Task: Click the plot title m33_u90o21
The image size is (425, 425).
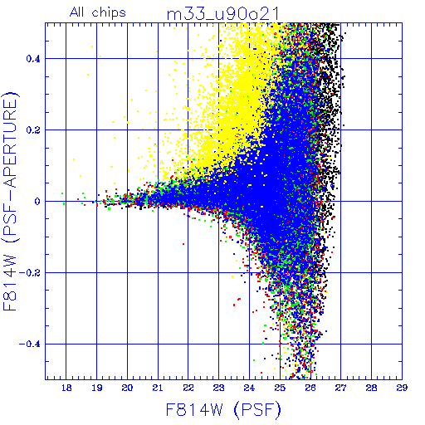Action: [222, 14]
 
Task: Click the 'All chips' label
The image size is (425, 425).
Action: [97, 12]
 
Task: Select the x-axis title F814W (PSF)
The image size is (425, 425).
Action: [223, 410]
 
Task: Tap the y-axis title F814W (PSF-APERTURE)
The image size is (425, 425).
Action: [10, 201]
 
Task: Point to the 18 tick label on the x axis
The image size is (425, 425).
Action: [66, 388]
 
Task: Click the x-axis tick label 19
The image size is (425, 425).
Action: [96, 388]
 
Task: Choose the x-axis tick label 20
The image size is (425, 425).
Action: [127, 388]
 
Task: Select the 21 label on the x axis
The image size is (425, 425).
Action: [158, 388]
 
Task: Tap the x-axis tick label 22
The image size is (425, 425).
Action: [188, 388]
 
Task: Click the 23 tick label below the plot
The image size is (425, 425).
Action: [219, 388]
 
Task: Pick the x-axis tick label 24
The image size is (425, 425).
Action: [249, 388]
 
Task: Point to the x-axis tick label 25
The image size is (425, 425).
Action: [280, 388]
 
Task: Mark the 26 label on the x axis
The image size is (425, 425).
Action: [310, 388]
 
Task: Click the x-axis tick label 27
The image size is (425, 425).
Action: [341, 388]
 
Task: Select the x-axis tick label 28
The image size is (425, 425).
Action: [371, 388]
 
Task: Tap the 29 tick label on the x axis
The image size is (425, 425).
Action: [402, 388]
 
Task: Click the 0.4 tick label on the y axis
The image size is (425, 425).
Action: [33, 59]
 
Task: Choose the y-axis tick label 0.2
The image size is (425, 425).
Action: [33, 130]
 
